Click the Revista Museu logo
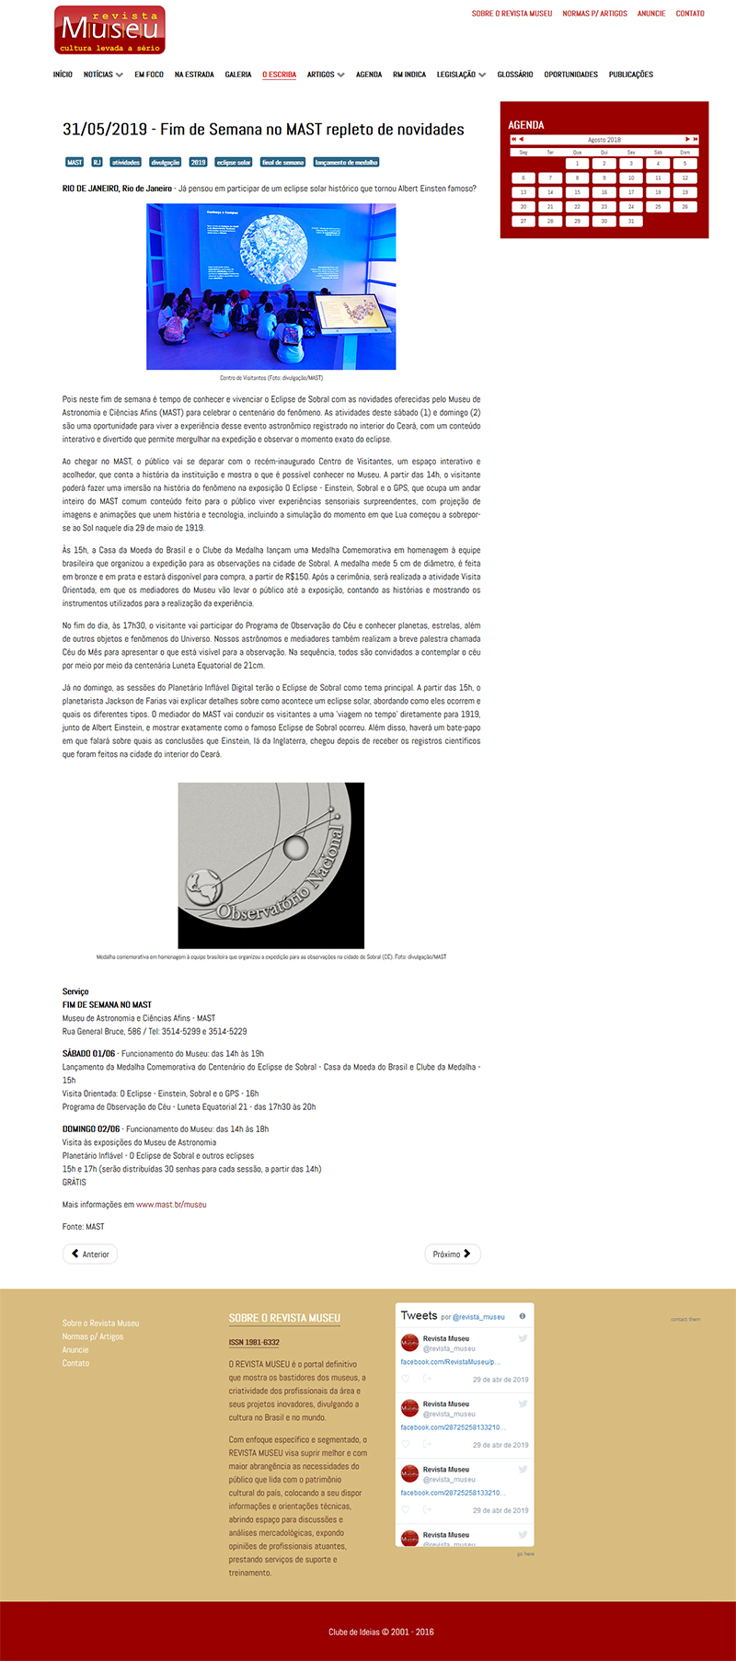109,30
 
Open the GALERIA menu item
238,74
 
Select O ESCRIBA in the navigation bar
279,74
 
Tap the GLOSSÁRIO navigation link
515,74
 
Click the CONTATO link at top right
690,14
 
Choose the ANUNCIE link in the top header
651,14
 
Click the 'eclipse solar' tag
234,163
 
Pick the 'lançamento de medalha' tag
346,163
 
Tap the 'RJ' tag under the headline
97,163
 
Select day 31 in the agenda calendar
631,221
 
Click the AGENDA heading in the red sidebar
526,125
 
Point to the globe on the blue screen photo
273,248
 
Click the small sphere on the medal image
295,846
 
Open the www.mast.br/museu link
171,1205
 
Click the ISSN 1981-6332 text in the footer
254,1343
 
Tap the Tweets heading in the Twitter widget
419,1316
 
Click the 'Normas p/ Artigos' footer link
93,1336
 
